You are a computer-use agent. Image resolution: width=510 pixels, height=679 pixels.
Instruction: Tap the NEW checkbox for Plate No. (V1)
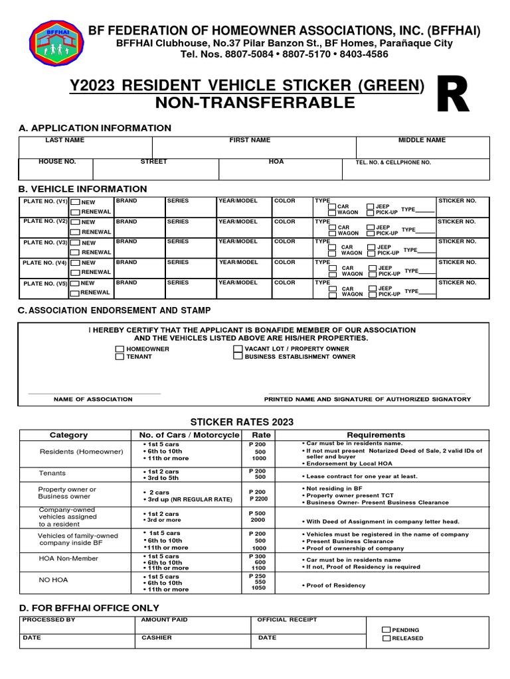(75, 202)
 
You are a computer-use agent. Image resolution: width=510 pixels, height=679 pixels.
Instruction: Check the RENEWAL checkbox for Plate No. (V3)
(75, 253)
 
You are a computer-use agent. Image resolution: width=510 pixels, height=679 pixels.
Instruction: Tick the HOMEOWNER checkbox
(120, 349)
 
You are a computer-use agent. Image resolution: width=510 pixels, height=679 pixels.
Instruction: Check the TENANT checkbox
(120, 357)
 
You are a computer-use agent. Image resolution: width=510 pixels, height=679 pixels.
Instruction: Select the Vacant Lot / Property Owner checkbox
(238, 348)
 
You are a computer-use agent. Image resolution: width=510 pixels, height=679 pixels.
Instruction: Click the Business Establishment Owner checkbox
(238, 356)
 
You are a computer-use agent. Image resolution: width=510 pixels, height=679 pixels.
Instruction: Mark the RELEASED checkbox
(386, 639)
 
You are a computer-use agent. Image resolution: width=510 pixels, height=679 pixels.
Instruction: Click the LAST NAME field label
(64, 141)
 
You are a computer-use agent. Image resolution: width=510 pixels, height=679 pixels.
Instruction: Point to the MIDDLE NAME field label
(422, 141)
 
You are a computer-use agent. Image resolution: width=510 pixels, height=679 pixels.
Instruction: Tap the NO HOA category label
(54, 579)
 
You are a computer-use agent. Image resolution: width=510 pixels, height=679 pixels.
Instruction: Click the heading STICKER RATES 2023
(242, 422)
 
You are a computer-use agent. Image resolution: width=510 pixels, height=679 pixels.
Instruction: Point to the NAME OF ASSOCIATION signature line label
(93, 399)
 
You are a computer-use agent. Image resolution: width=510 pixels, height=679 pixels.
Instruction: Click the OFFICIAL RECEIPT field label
(287, 620)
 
